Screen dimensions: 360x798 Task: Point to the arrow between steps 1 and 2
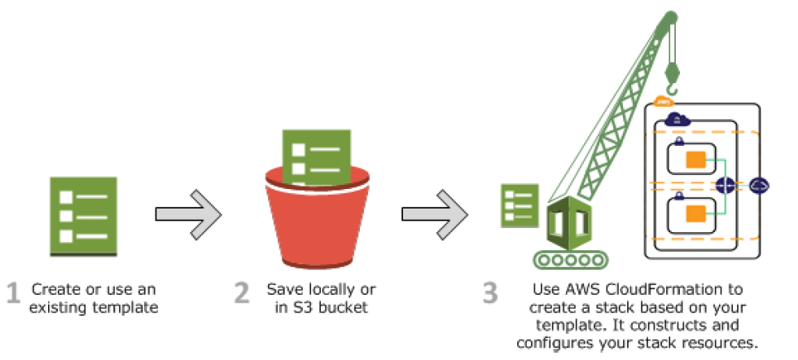(x=188, y=214)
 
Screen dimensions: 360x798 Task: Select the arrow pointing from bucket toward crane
(x=434, y=214)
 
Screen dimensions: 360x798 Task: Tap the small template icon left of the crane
(x=517, y=207)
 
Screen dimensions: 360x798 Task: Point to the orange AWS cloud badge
(x=663, y=101)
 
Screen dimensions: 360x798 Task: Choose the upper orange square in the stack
(x=695, y=158)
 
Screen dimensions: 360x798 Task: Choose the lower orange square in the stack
(x=695, y=213)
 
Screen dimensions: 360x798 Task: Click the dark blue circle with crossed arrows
(x=725, y=186)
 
